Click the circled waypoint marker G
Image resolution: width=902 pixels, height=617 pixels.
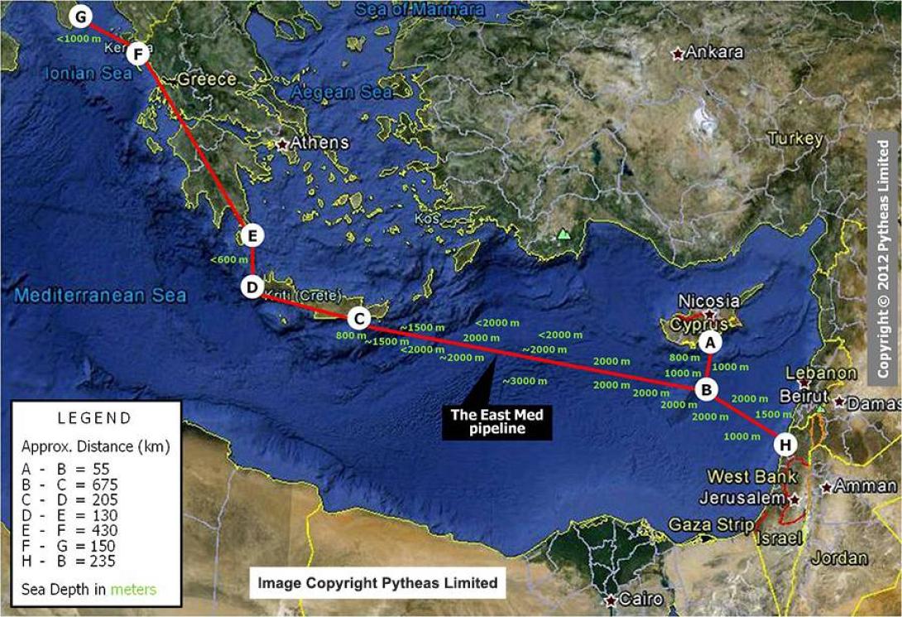tap(80, 17)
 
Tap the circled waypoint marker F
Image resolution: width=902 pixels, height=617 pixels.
tap(138, 55)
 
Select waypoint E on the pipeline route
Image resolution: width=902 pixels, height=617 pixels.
tap(253, 236)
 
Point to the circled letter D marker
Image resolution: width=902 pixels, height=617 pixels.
tap(252, 287)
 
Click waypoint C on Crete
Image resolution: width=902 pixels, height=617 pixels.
tap(358, 318)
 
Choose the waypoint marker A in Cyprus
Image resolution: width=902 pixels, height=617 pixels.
tap(709, 340)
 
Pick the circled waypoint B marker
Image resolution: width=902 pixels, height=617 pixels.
tap(706, 388)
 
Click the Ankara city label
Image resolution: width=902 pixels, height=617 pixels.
tap(716, 53)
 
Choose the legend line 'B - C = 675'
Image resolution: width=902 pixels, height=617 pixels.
tap(70, 484)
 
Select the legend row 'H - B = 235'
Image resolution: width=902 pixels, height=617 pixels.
tap(70, 562)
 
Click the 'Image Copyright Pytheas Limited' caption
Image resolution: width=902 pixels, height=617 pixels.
tap(377, 583)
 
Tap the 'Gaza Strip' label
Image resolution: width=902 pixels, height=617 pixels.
tap(708, 524)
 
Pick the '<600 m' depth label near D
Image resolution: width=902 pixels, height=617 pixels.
tap(229, 260)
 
